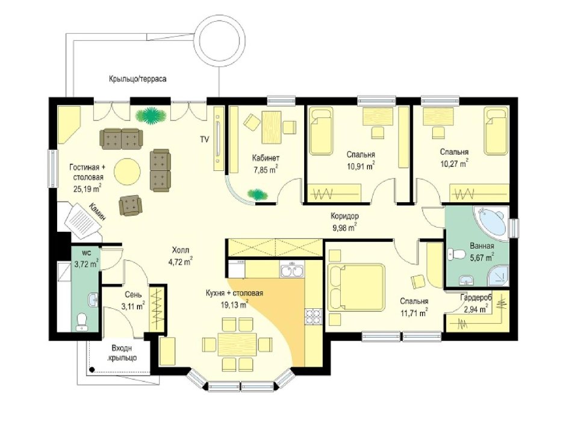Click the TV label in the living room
point(205,140)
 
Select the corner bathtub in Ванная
point(492,220)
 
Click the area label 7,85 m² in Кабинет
point(266,170)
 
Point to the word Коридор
point(345,216)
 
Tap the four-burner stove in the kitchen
point(313,316)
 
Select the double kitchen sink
point(291,270)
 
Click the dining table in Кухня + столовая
point(237,344)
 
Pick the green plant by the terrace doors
point(151,116)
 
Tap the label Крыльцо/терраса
point(138,79)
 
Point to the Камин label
point(98,212)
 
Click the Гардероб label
point(476,297)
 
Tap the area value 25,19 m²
point(87,188)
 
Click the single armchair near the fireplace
point(130,205)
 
